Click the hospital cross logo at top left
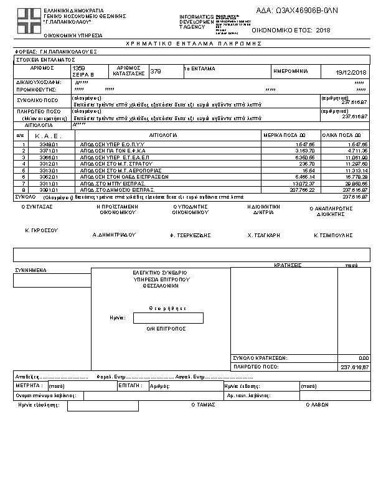(x=27, y=21)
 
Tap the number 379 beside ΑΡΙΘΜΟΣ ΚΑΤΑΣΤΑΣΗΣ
(x=156, y=72)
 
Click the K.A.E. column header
(x=47, y=134)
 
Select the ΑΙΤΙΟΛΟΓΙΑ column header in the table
(x=164, y=134)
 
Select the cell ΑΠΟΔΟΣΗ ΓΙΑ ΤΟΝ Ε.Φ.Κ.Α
(x=107, y=151)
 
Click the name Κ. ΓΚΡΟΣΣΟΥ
(x=41, y=230)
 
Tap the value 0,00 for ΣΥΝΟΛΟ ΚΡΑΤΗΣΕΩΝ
(x=364, y=359)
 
